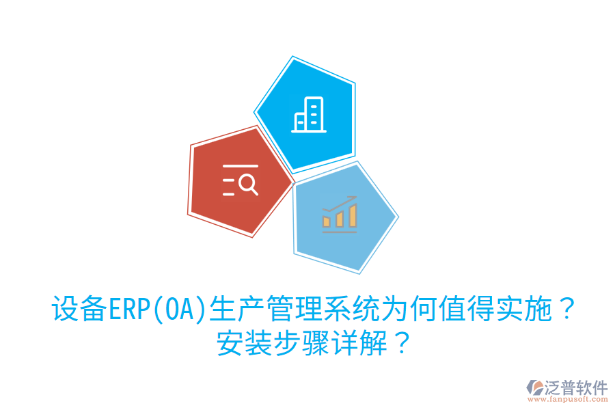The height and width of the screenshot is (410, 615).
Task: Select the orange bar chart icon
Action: tap(340, 213)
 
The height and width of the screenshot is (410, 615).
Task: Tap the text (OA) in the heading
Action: tap(178, 310)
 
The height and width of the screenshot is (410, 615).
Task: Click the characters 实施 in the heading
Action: tap(519, 310)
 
